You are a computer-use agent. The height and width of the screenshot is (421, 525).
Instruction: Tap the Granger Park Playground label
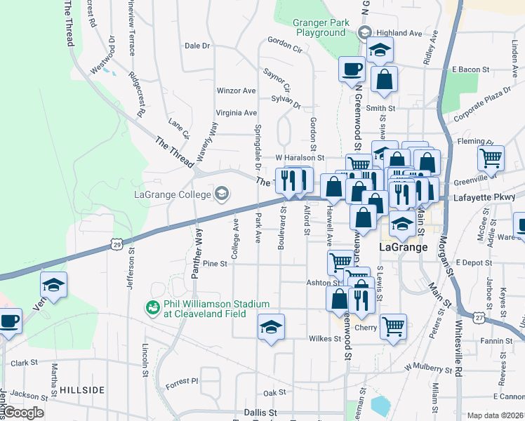click(x=321, y=28)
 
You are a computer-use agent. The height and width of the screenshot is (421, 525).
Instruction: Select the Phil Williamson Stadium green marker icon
click(x=152, y=307)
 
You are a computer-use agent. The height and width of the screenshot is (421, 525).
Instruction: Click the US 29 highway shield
click(x=117, y=243)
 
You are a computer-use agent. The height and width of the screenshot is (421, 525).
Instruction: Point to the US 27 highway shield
click(x=479, y=318)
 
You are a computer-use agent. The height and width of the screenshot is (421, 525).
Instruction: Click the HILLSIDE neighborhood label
click(x=81, y=389)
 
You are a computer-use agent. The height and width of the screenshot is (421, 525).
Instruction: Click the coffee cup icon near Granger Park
click(x=352, y=69)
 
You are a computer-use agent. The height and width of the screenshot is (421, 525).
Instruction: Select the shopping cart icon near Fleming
click(x=491, y=157)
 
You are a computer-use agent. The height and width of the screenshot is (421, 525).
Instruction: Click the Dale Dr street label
click(x=197, y=46)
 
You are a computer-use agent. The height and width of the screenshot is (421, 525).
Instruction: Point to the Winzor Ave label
click(x=237, y=91)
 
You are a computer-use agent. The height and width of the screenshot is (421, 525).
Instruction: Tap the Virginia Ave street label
click(x=237, y=112)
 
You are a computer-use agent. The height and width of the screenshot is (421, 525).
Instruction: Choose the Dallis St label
click(x=260, y=413)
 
